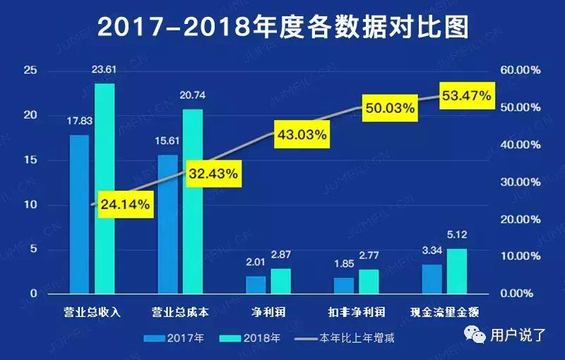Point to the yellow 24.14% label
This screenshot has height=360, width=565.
[125, 205]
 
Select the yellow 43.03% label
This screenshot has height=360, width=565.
[301, 134]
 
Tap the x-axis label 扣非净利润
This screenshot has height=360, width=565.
[356, 311]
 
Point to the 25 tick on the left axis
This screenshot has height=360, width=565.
[30, 71]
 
